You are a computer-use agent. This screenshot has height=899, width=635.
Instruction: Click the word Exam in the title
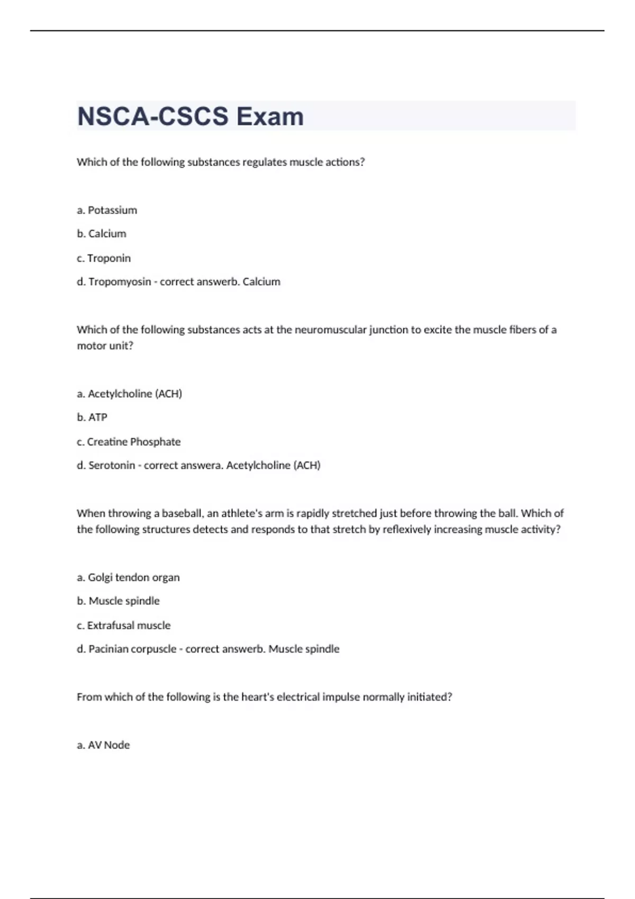pyautogui.click(x=270, y=116)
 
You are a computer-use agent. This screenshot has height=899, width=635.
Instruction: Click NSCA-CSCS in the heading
pyautogui.click(x=153, y=116)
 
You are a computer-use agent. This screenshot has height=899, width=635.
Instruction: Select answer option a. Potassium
pyautogui.click(x=107, y=210)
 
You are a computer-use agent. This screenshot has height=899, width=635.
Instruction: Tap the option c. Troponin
pyautogui.click(x=104, y=258)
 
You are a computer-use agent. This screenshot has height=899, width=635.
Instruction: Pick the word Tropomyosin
pyautogui.click(x=120, y=281)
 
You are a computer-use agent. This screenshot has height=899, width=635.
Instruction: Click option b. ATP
pyautogui.click(x=92, y=417)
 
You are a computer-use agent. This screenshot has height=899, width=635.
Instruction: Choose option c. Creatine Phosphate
pyautogui.click(x=129, y=442)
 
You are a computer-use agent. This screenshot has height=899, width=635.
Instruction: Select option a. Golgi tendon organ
pyautogui.click(x=128, y=577)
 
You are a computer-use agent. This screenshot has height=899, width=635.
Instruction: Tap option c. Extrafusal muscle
pyautogui.click(x=124, y=625)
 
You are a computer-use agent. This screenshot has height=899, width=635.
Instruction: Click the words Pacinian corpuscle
pyautogui.click(x=132, y=649)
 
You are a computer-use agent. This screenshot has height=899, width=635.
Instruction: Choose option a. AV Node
pyautogui.click(x=103, y=745)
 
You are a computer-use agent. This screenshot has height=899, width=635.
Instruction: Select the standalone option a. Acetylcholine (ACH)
pyautogui.click(x=130, y=393)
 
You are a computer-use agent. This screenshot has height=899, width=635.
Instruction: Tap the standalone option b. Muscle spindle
pyautogui.click(x=118, y=601)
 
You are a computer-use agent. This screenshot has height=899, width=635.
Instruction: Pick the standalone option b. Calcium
pyautogui.click(x=102, y=234)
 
